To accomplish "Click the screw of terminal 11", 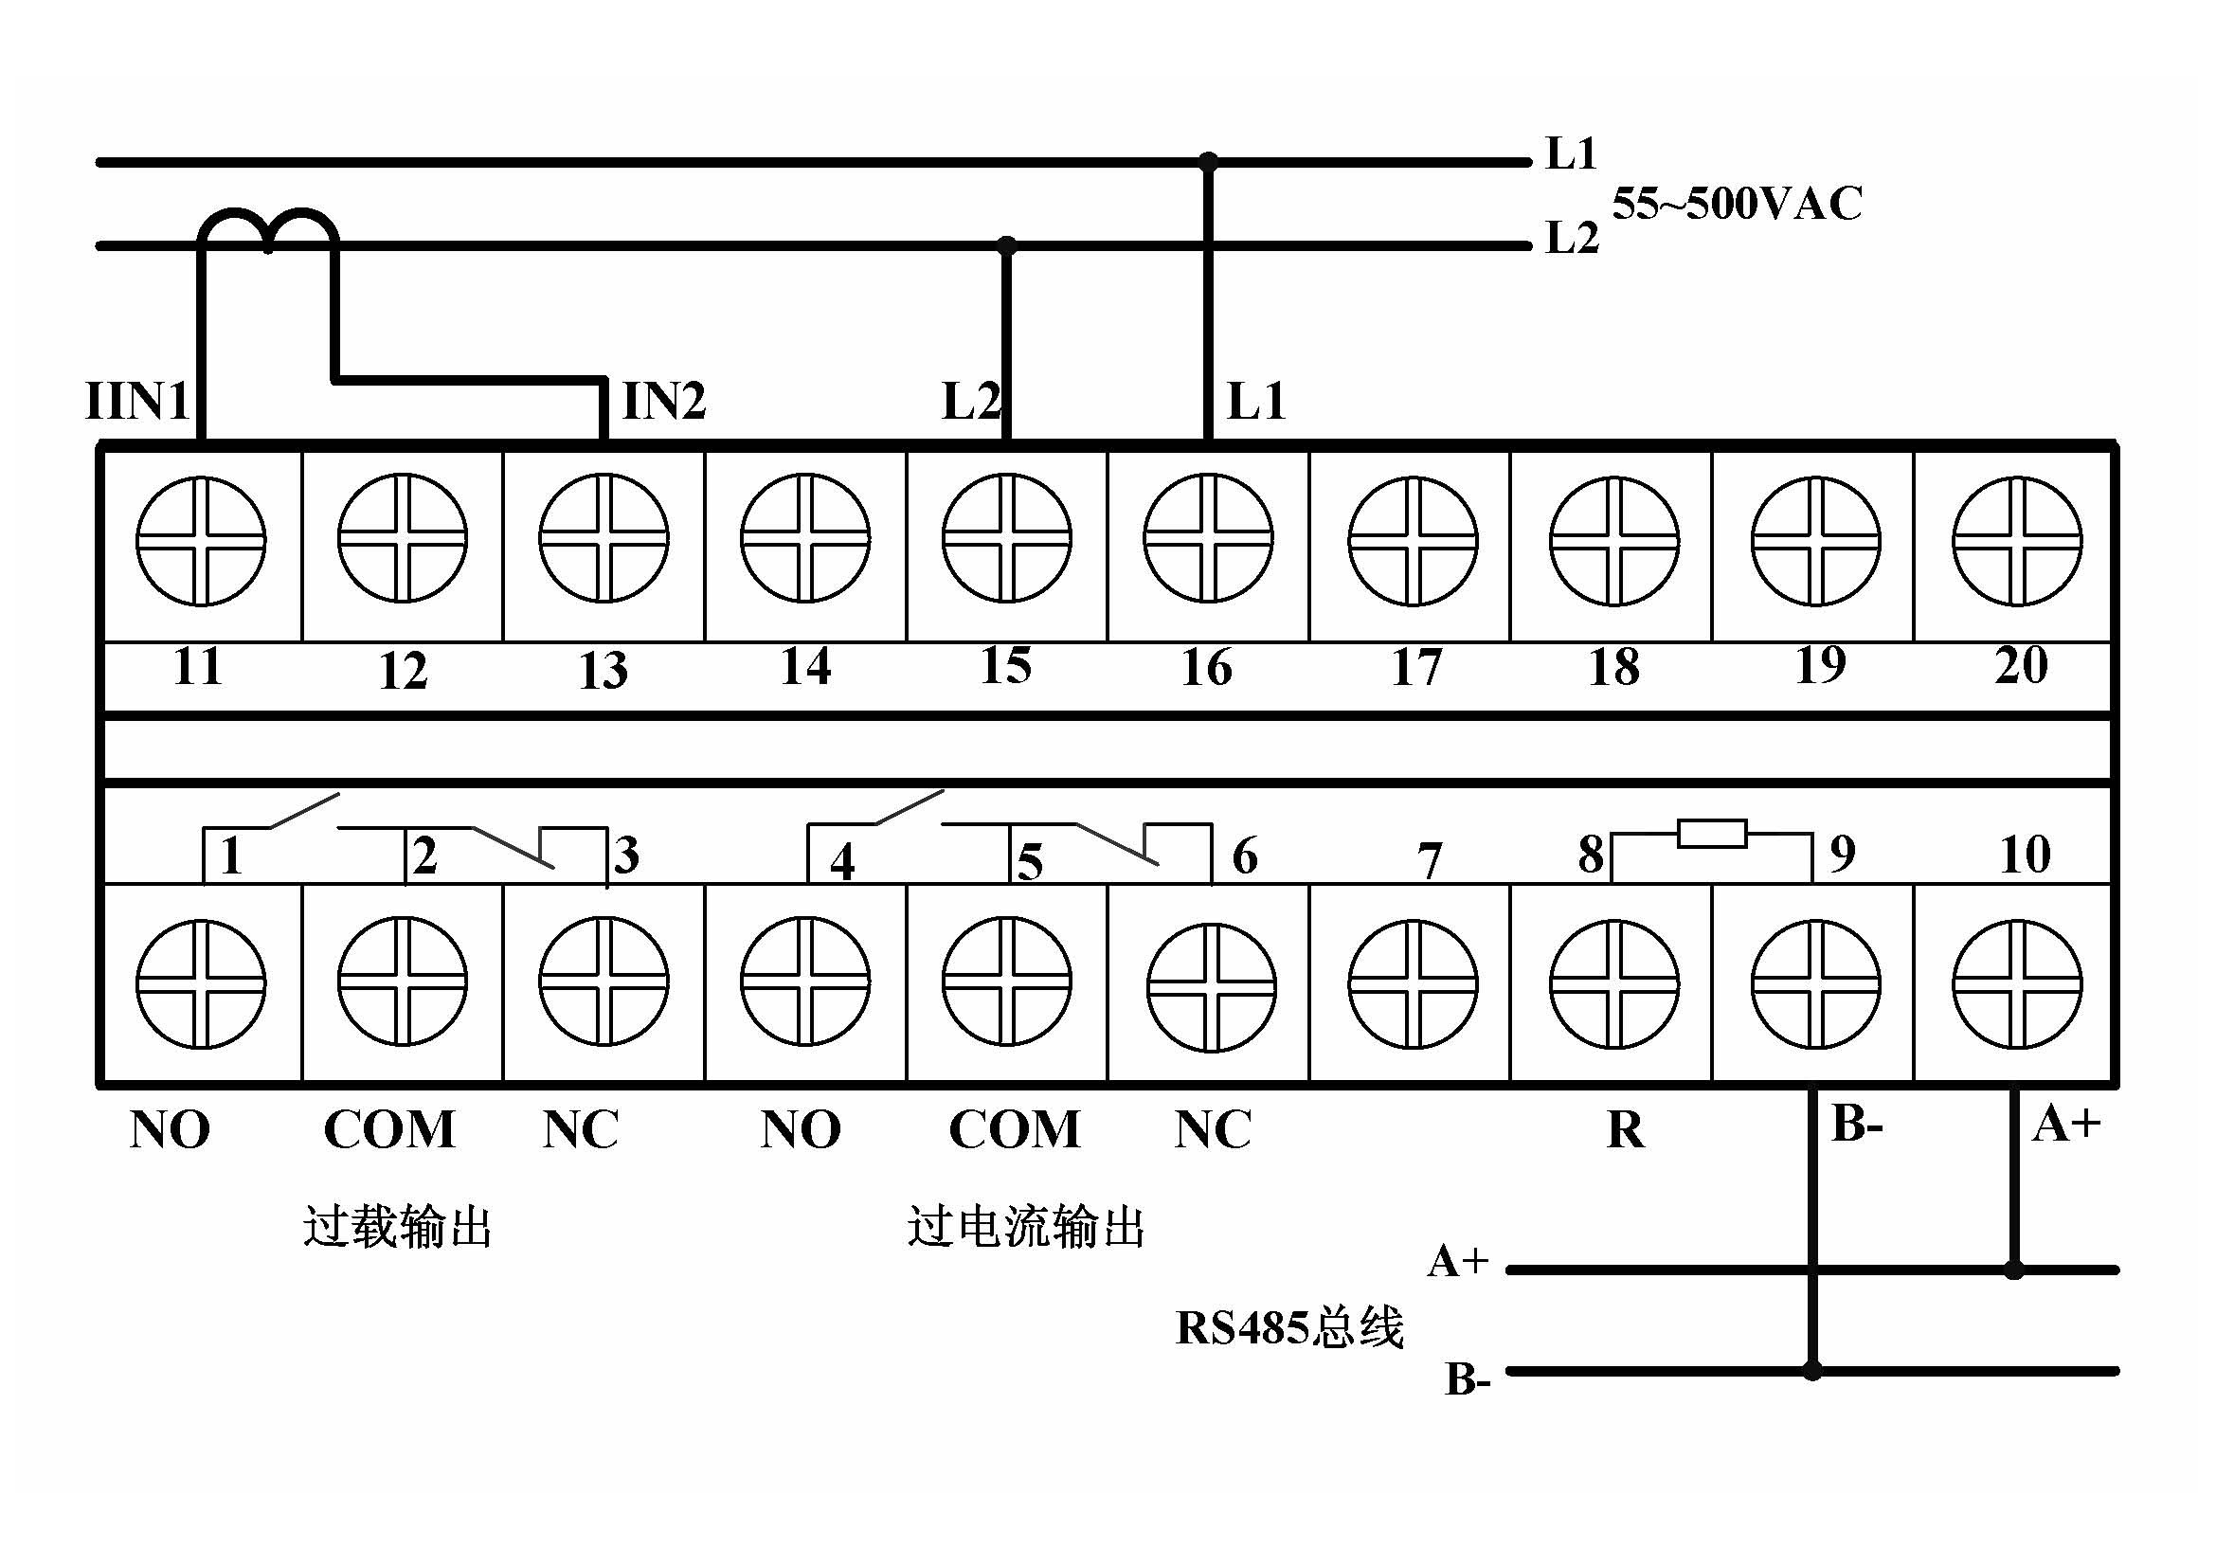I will click(x=201, y=541).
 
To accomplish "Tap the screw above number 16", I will click(x=1208, y=538).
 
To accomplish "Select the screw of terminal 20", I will click(x=2016, y=541).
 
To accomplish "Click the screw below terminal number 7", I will click(x=1413, y=984).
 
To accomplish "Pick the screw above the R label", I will click(x=1613, y=984).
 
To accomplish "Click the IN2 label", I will click(x=664, y=401).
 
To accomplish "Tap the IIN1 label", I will click(x=137, y=401).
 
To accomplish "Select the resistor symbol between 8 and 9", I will click(x=1712, y=833).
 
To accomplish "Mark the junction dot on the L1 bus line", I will click(x=1208, y=161).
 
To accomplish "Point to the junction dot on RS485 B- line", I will click(x=1812, y=1370).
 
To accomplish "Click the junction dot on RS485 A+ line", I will click(x=2014, y=1270).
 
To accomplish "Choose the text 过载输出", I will click(x=398, y=1227).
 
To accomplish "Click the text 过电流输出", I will click(x=1026, y=1227).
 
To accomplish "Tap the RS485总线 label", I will click(x=1289, y=1327).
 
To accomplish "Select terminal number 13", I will click(x=604, y=670).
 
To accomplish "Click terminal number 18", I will click(x=1613, y=668).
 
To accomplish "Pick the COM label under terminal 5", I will click(x=1015, y=1129).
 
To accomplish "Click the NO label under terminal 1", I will click(x=170, y=1129).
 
